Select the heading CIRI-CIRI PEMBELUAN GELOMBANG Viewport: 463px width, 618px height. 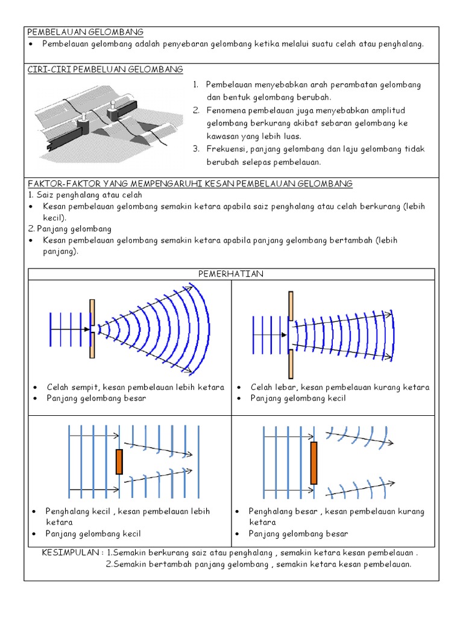click(x=106, y=70)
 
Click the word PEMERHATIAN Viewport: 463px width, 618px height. click(x=231, y=274)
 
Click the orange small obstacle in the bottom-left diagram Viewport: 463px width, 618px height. click(x=119, y=462)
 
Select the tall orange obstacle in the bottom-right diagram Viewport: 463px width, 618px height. click(x=313, y=463)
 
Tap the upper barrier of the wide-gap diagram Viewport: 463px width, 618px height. click(x=291, y=306)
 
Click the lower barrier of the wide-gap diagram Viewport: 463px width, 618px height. click(x=291, y=363)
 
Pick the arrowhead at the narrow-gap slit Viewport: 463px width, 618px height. click(x=87, y=329)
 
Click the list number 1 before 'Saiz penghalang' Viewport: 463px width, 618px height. click(x=30, y=195)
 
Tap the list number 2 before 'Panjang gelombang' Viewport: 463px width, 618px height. click(x=30, y=229)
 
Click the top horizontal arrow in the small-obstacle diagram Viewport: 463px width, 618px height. click(x=94, y=435)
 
